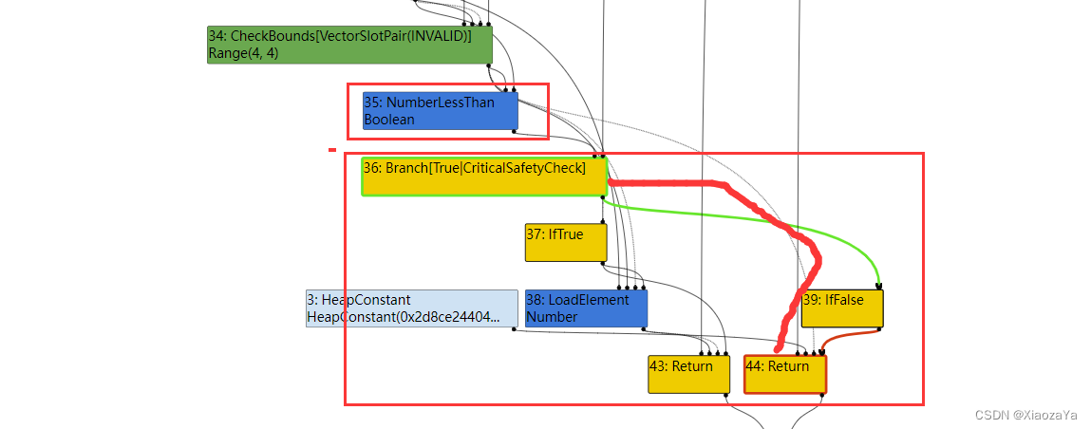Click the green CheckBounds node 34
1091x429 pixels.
(349, 45)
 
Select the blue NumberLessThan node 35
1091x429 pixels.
(440, 110)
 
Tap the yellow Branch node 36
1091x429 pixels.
(483, 177)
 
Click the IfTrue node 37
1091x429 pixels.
(566, 242)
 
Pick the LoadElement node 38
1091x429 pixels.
(586, 308)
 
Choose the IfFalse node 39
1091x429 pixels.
(842, 308)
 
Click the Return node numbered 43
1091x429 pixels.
(688, 374)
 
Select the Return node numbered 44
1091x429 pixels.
(785, 374)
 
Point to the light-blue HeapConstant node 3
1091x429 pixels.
(411, 308)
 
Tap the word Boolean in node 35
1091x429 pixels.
(389, 120)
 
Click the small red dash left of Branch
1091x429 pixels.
(332, 149)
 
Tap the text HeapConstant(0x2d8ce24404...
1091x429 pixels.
(404, 317)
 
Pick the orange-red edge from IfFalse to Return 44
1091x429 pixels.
(840, 337)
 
